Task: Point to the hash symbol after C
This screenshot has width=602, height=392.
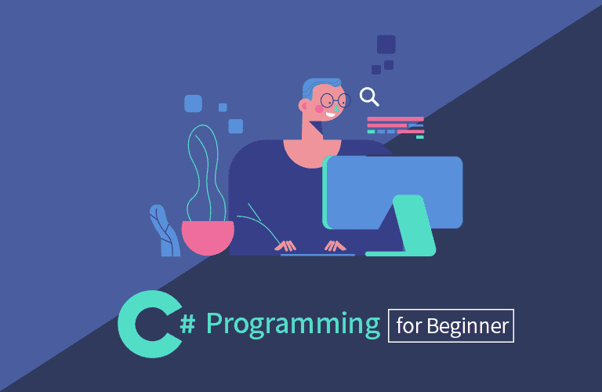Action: coord(187,324)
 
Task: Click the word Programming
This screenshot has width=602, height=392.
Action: coord(293,325)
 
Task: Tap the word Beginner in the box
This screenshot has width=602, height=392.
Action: coord(468,326)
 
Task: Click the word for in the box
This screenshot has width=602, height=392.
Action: coord(409,325)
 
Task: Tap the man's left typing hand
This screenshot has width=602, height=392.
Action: coord(285,245)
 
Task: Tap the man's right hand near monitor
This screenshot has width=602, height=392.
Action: coord(335,245)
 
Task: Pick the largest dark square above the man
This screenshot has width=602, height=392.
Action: coord(386,45)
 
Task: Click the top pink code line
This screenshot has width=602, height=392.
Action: coord(395,119)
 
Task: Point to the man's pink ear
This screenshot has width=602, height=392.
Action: coord(303,105)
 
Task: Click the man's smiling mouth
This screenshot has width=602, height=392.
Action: coord(330,114)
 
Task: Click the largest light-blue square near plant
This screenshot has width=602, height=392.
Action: coord(193,103)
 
